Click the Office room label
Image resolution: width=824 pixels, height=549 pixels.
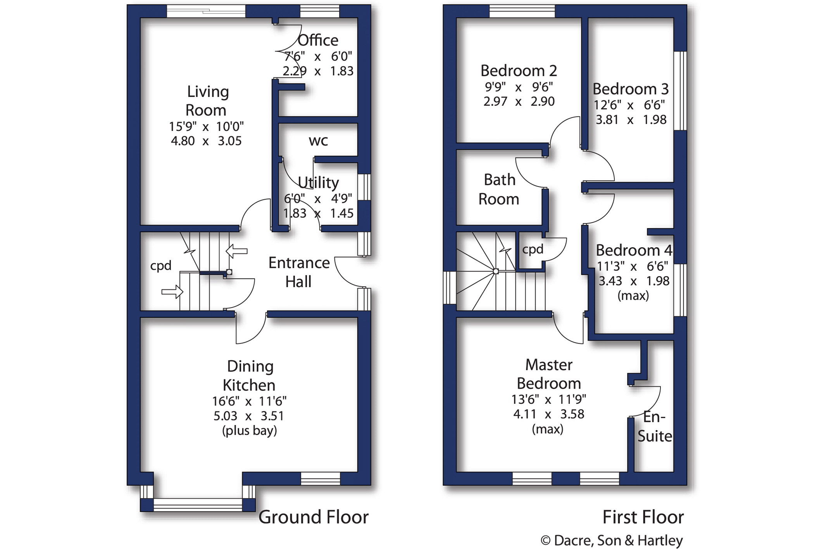[x=318, y=40]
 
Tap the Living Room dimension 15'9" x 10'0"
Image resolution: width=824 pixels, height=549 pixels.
[x=206, y=126]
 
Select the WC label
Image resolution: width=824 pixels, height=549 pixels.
[x=318, y=141]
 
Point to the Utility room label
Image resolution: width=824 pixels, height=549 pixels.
[x=318, y=182]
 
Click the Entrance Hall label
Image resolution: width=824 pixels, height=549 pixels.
[x=299, y=272]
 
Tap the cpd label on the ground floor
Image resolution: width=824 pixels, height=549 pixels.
[x=161, y=266]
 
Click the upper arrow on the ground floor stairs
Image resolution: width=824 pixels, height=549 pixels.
[x=236, y=251]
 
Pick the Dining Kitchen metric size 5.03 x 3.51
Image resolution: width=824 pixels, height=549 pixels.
[x=249, y=416]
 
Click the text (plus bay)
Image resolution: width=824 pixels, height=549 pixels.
[x=250, y=431]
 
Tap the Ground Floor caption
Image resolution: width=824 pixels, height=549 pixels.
[x=314, y=517]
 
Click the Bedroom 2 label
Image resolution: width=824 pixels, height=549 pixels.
[x=519, y=71]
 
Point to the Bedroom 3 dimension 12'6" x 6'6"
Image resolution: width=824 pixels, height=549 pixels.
[x=629, y=105]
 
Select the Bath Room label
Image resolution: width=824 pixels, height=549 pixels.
[x=499, y=189]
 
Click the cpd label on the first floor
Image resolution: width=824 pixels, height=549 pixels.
[x=533, y=250]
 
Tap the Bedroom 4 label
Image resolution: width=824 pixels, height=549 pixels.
[x=634, y=250]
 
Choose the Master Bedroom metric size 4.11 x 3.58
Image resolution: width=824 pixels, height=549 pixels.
[x=548, y=414]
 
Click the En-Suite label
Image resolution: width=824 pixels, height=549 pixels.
[x=655, y=427]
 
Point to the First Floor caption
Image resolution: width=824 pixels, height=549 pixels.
[x=643, y=517]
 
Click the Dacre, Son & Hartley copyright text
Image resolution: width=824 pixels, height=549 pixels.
[x=612, y=540]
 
